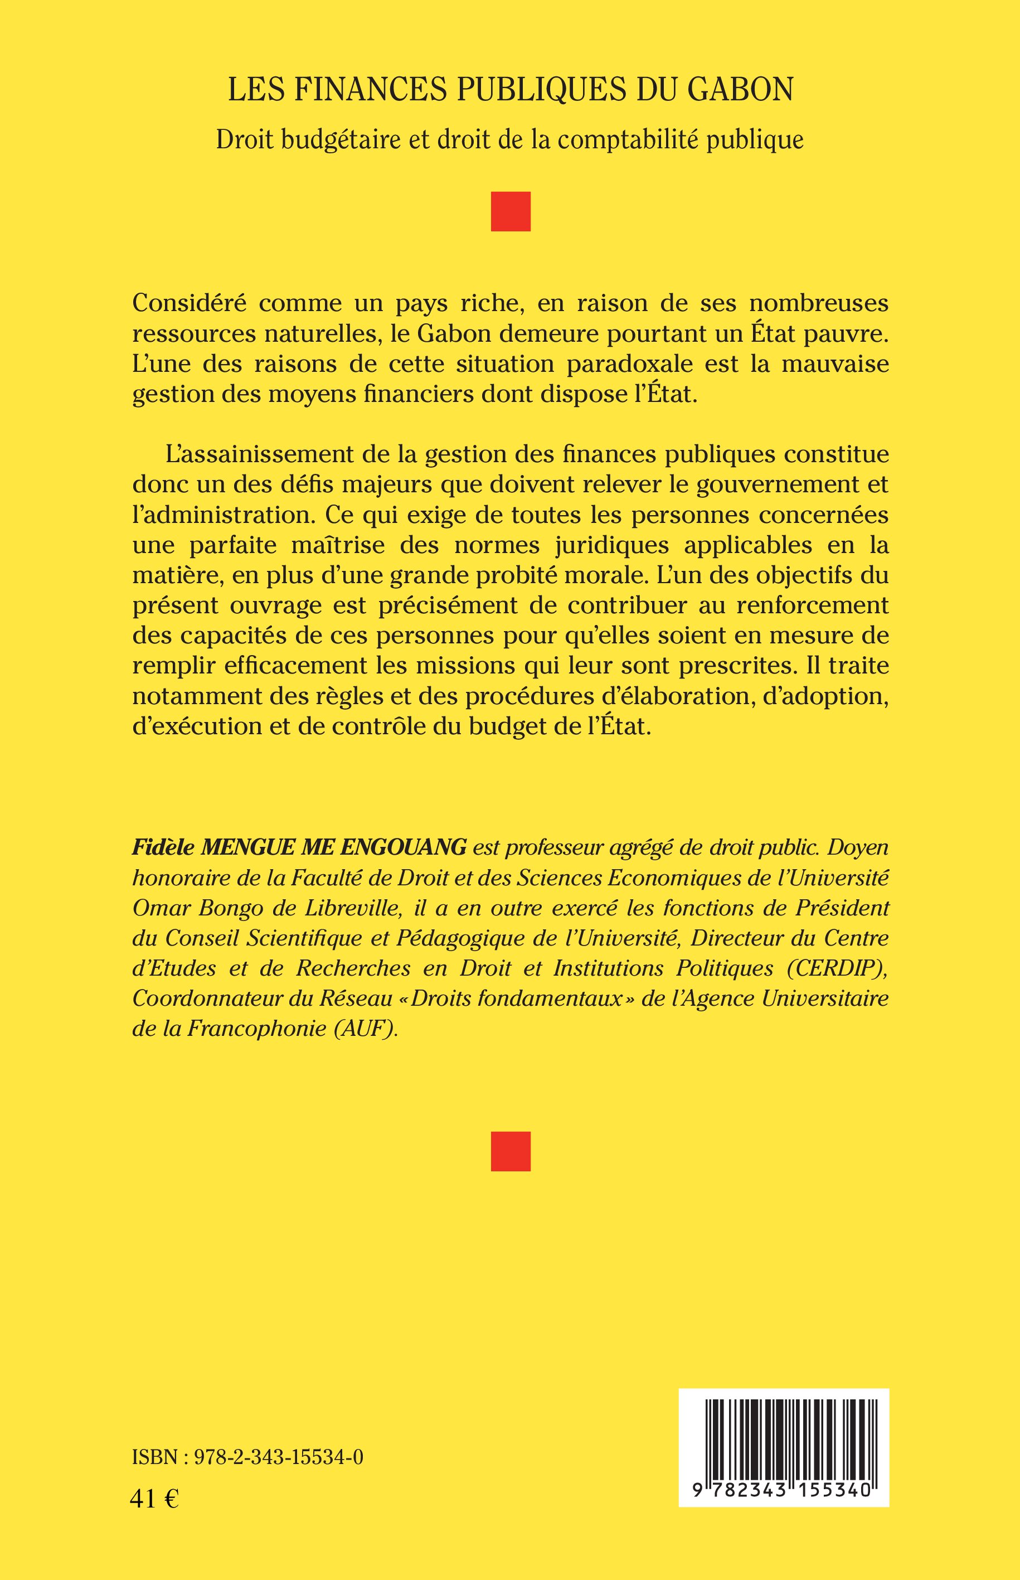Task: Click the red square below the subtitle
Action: coord(510,211)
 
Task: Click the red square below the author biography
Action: coord(510,1151)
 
